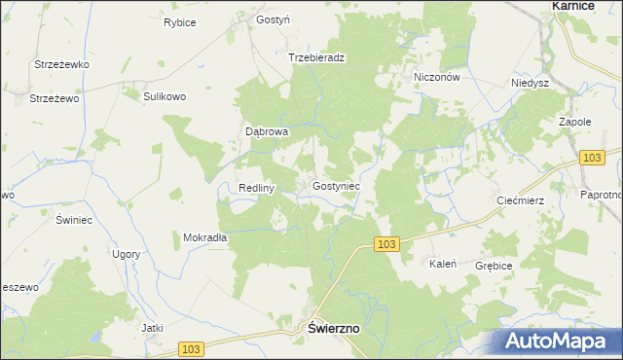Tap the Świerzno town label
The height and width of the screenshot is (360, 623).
click(334, 329)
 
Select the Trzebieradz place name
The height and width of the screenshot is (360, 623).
click(317, 57)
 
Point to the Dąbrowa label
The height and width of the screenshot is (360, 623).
click(266, 132)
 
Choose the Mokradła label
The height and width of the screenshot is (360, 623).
click(204, 236)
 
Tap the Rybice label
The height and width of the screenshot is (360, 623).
click(179, 22)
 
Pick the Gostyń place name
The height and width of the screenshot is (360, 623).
click(274, 19)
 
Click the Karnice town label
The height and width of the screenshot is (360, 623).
click(574, 6)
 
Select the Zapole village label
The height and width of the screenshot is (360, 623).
click(575, 123)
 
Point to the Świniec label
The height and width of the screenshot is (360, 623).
click(74, 220)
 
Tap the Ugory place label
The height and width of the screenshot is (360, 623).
click(126, 254)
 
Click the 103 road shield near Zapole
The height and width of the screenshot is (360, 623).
click(591, 157)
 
